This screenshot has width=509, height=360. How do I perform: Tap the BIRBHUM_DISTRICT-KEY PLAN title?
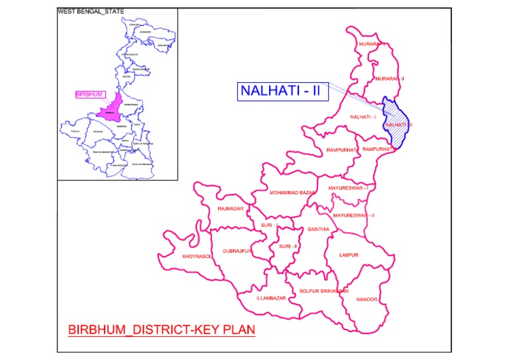coord(162,329)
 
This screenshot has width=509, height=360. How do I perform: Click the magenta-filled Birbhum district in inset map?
coord(111,108)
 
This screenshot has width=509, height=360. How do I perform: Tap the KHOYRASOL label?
coord(198,256)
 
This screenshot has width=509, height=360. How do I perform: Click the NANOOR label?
coord(367,300)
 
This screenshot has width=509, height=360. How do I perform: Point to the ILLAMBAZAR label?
coord(270,298)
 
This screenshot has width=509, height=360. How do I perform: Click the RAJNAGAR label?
coord(231,209)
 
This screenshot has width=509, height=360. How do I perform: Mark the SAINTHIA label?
coord(313,229)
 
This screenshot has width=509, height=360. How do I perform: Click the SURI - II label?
coord(289,247)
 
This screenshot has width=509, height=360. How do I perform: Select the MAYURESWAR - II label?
coord(354,215)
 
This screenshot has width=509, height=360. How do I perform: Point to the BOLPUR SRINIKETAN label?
coord(323,291)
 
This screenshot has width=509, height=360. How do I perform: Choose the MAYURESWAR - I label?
coord(349,188)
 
